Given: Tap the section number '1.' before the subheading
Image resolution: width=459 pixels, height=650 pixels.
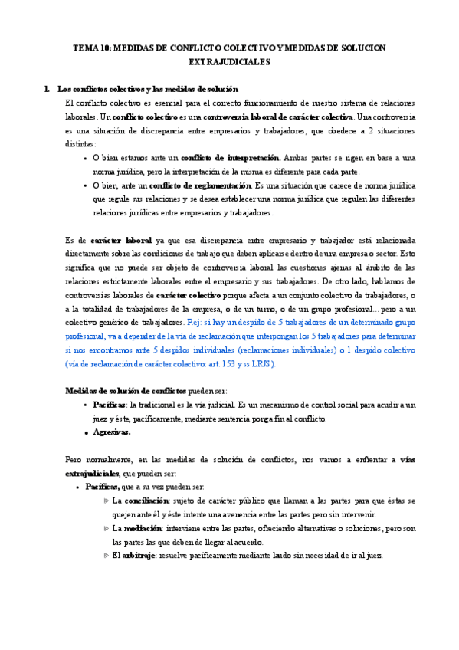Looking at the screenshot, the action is pyautogui.click(x=50, y=90).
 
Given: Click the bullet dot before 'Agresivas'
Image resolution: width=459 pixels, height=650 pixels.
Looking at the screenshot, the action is pyautogui.click(x=85, y=432).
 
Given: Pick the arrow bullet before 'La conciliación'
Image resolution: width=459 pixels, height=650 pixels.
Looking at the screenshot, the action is pyautogui.click(x=106, y=501).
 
